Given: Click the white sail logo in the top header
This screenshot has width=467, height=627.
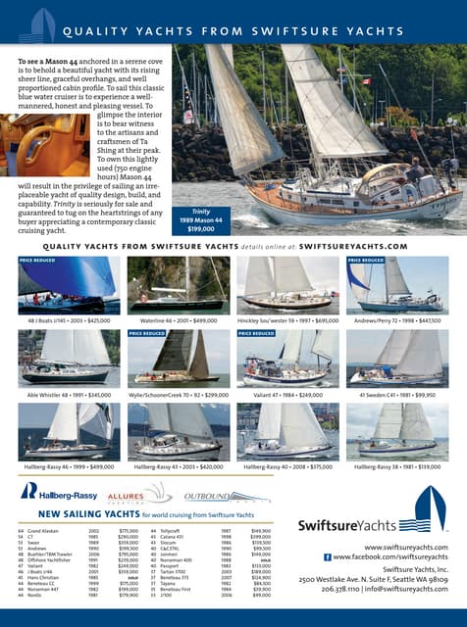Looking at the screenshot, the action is tap(36, 24).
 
